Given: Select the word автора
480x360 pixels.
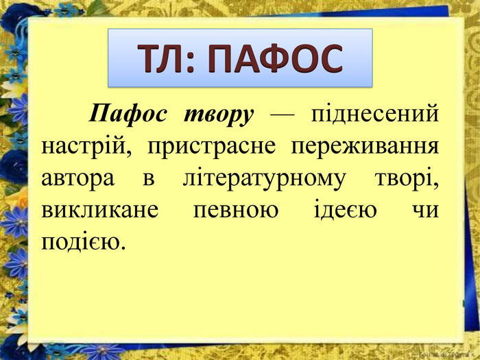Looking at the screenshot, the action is click(x=77, y=179).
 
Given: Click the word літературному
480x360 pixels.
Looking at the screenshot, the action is click(x=263, y=179).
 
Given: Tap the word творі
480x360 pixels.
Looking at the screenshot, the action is click(x=407, y=179).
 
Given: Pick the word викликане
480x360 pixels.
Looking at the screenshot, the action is click(x=100, y=211).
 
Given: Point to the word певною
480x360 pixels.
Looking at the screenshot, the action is click(x=236, y=211).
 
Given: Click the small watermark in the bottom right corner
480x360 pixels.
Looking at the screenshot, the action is click(x=447, y=355).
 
